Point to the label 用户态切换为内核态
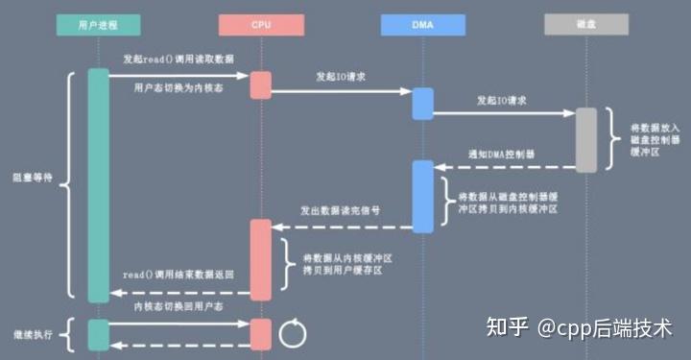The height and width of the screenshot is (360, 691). click(x=179, y=86)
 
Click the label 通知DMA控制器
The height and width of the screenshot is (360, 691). click(x=501, y=154)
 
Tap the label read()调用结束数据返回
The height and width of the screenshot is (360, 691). click(x=179, y=274)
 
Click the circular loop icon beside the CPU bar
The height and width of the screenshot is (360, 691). click(x=292, y=333)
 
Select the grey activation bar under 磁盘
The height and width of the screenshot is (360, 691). click(x=585, y=138)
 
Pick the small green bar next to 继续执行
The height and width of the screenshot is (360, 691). click(x=98, y=334)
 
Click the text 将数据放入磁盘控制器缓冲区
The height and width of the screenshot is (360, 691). click(x=654, y=139)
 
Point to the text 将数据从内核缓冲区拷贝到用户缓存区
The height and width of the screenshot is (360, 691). click(x=343, y=265)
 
